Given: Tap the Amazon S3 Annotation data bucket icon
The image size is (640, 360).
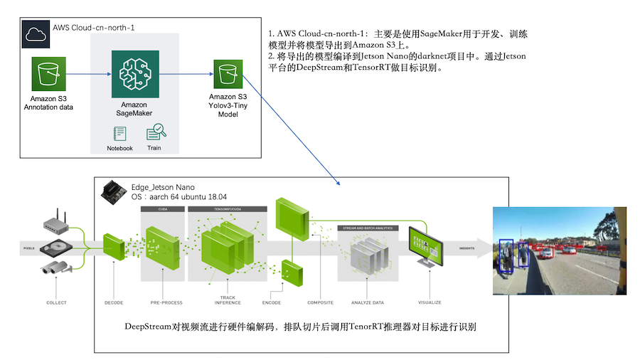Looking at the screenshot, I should [48, 74].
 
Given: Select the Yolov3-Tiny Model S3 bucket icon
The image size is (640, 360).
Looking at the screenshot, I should [228, 73].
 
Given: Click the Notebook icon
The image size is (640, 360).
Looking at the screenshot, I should [119, 133].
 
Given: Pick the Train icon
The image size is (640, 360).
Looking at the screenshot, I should [155, 133].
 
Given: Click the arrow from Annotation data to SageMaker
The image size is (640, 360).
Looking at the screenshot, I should [89, 74].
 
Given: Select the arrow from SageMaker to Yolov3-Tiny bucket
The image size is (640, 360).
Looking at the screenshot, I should [186, 74].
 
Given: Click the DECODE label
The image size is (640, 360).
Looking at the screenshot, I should [114, 302].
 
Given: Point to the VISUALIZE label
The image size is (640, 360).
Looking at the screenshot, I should [430, 302].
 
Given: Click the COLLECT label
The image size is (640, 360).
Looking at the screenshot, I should [56, 302].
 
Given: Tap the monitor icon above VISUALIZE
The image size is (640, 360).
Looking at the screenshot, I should [427, 245].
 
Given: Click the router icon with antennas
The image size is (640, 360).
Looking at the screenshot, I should [56, 224].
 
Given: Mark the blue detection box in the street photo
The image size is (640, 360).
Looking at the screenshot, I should [506, 256].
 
